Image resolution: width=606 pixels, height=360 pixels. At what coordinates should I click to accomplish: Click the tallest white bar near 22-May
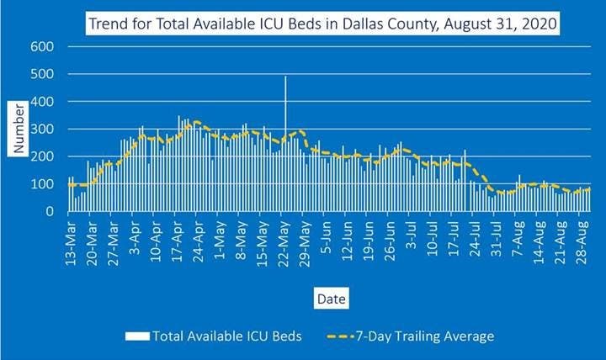(x=285, y=143)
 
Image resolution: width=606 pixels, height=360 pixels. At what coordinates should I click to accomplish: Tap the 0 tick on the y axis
(x=49, y=211)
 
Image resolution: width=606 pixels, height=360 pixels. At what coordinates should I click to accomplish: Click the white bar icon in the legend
(x=137, y=336)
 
